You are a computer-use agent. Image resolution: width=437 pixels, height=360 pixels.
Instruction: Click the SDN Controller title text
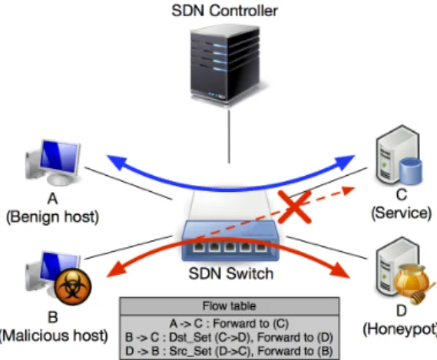pyautogui.click(x=224, y=11)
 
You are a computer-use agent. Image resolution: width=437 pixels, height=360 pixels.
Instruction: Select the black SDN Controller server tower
pyautogui.click(x=225, y=64)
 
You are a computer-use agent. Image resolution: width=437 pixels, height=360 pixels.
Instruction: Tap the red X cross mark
pyautogui.click(x=295, y=206)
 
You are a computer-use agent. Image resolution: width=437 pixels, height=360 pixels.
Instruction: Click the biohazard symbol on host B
pyautogui.click(x=73, y=286)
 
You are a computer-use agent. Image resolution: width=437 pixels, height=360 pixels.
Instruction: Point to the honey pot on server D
pyautogui.click(x=412, y=282)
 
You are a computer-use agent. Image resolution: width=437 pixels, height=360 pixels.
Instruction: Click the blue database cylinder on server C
pyautogui.click(x=410, y=171)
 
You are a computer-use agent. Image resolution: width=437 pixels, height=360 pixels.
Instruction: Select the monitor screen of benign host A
pyautogui.click(x=59, y=157)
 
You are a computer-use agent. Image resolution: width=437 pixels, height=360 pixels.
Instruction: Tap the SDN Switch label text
pyautogui.click(x=230, y=273)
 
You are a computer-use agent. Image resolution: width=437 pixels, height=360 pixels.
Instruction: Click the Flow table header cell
pyautogui.click(x=230, y=306)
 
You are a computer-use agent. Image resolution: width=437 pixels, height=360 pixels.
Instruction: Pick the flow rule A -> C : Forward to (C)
pyautogui.click(x=229, y=323)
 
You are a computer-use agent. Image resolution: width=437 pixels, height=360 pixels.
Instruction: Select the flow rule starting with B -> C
pyautogui.click(x=229, y=337)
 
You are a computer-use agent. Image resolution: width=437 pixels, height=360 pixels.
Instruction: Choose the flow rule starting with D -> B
pyautogui.click(x=229, y=351)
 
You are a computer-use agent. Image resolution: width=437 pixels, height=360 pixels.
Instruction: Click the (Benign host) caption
pyautogui.click(x=52, y=217)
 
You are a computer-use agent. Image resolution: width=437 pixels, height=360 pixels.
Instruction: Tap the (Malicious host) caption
pyautogui.click(x=54, y=335)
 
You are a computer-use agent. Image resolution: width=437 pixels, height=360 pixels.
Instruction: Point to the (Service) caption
pyautogui.click(x=402, y=213)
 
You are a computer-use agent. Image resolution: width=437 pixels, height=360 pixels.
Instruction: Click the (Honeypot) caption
pyautogui.click(x=400, y=329)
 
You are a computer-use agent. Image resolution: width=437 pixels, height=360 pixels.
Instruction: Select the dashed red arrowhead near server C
pyautogui.click(x=349, y=190)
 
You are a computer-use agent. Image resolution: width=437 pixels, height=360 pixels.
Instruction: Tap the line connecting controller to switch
pyautogui.click(x=229, y=137)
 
